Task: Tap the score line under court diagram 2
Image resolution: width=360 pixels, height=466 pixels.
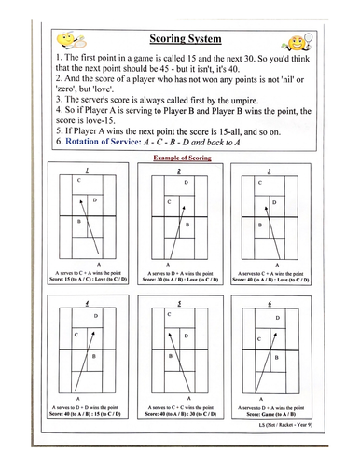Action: pos(185,281)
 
